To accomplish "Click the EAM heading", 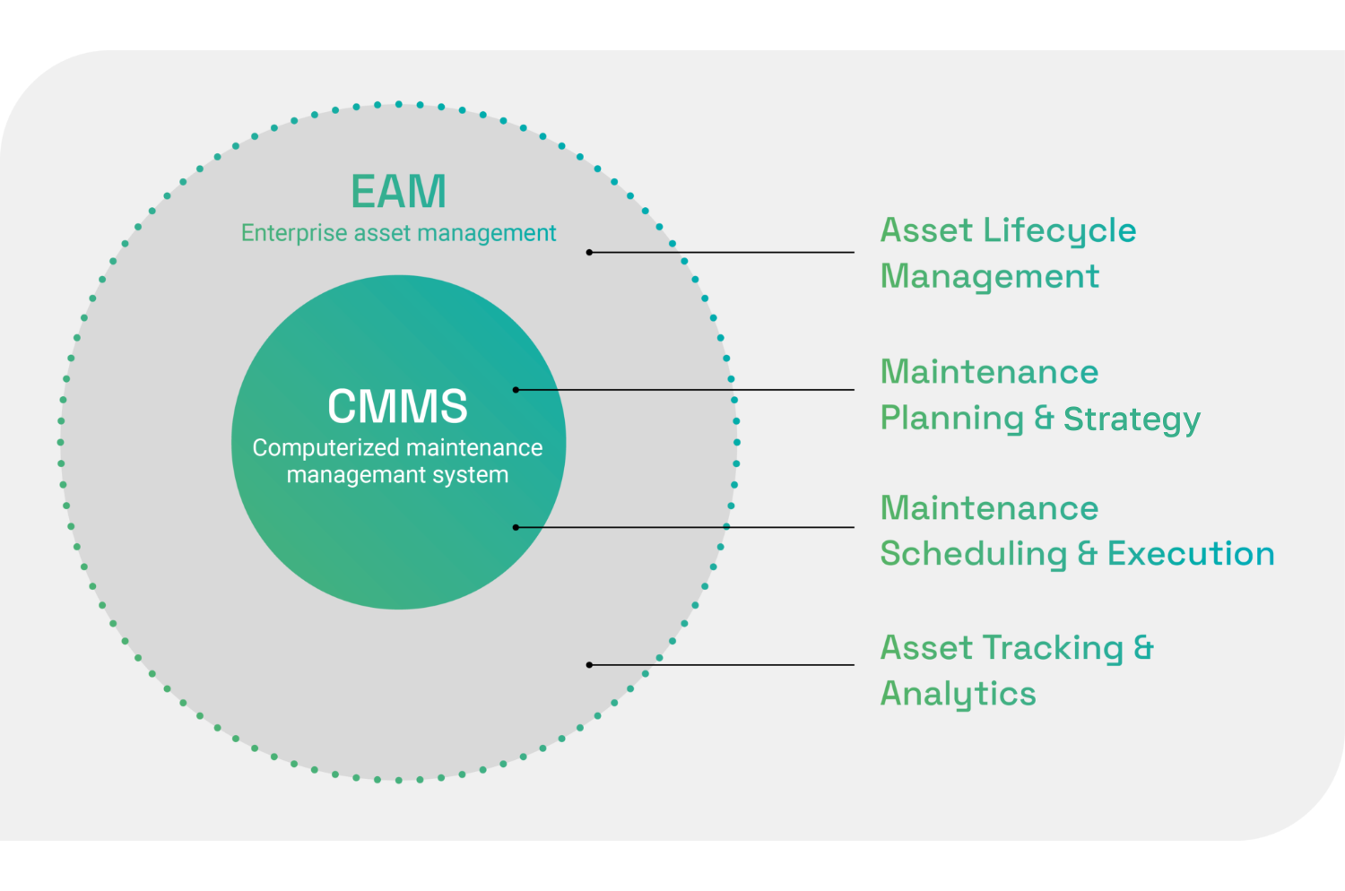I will coord(398,192).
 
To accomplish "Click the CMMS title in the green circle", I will coord(397,406).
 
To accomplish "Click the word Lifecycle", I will coord(1060,231).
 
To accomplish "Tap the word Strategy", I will coord(1132,419).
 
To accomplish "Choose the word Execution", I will coord(1191,554).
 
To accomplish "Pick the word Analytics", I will coord(958,695).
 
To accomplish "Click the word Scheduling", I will coord(974,554).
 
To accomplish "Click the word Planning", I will coord(951,419).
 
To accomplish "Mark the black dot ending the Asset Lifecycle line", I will coord(589,253).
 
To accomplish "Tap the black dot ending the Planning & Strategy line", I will coord(516,390).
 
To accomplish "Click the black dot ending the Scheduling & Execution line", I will coord(516,527).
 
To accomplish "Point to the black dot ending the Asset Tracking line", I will coord(589,665).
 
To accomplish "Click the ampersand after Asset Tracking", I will coord(1143,647).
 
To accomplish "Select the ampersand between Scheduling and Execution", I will coord(1087,554).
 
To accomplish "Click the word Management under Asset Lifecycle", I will coord(990,277).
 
